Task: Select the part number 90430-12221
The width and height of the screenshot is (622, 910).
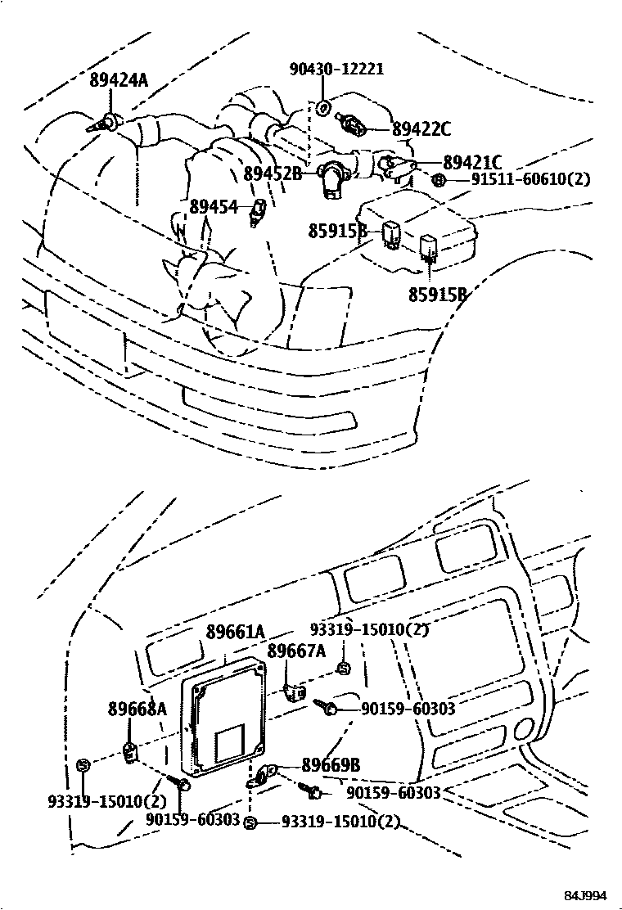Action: click(x=336, y=70)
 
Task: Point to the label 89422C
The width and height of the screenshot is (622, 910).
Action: click(x=421, y=128)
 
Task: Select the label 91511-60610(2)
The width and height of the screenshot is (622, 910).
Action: click(x=530, y=179)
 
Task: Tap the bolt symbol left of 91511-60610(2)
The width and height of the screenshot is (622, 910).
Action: click(x=439, y=180)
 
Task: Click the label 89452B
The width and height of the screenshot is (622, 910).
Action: click(x=273, y=173)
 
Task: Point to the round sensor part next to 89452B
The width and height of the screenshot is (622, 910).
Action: click(x=334, y=177)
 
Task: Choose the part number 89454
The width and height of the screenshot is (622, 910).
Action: click(x=214, y=207)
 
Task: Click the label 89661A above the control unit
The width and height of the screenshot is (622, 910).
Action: click(x=236, y=632)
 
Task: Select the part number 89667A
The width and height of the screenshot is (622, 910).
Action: click(x=296, y=651)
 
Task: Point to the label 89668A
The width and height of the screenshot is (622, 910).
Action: click(x=137, y=709)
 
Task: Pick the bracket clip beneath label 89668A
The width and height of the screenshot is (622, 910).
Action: click(x=129, y=751)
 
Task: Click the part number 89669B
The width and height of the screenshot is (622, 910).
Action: click(x=331, y=765)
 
